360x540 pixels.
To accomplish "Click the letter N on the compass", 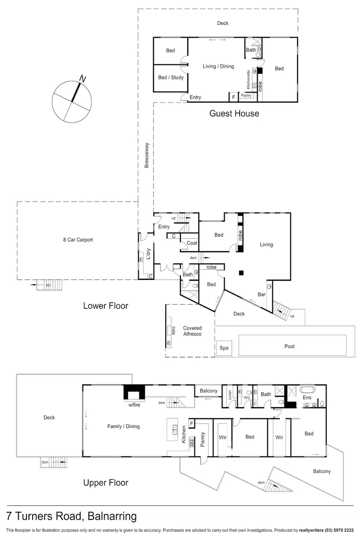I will tap(83, 78).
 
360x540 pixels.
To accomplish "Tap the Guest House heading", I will tap(234, 114).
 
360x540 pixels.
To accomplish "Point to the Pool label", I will tap(289, 346).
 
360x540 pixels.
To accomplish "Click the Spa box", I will tap(223, 348).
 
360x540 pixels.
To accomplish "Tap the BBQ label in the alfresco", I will tap(169, 330).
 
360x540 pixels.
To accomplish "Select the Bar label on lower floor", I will tap(262, 294).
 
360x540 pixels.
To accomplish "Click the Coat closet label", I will tap(192, 243).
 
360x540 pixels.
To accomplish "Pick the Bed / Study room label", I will tap(170, 78).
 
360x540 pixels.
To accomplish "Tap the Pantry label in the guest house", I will tap(246, 96).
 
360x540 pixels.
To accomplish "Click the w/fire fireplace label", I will tap(134, 404).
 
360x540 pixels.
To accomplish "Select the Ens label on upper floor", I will tap(307, 397).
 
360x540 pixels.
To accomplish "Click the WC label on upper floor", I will tap(247, 398).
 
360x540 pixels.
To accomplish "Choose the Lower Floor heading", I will tap(106, 306).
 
